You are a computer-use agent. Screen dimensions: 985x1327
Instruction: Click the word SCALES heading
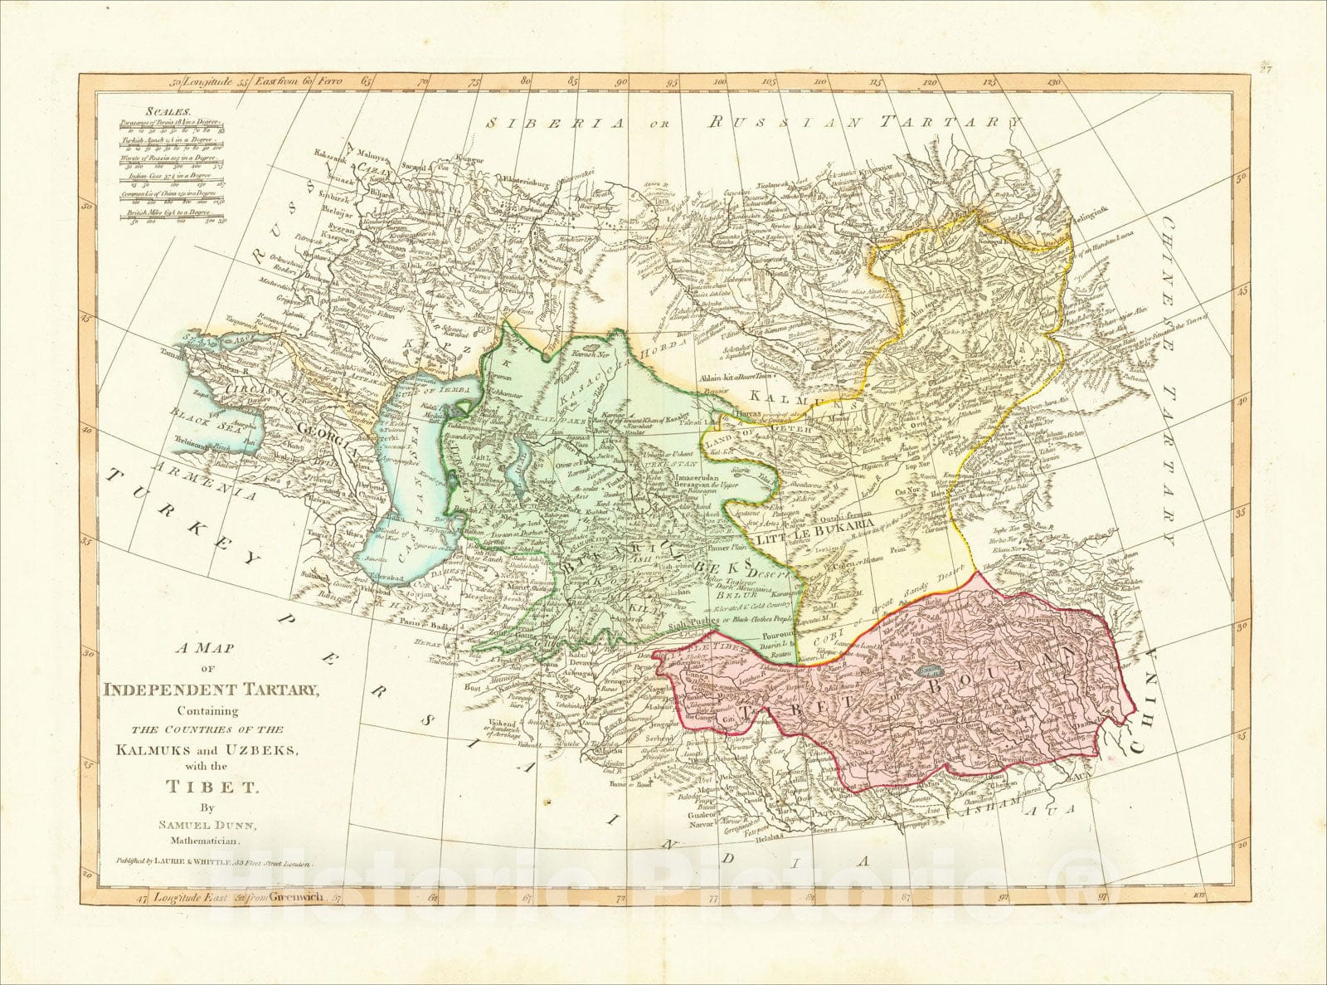[x=168, y=110]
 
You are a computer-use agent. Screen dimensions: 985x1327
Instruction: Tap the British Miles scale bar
[x=175, y=217]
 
